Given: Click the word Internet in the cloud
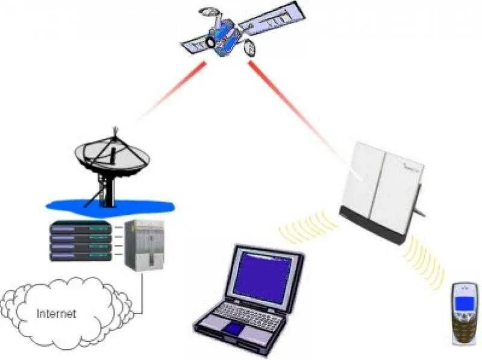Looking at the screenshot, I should click(x=57, y=314).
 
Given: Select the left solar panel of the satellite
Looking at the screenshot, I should click(x=196, y=43).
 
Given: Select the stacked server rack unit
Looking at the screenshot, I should click(x=81, y=241).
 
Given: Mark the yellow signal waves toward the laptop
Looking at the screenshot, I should click(x=307, y=227).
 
